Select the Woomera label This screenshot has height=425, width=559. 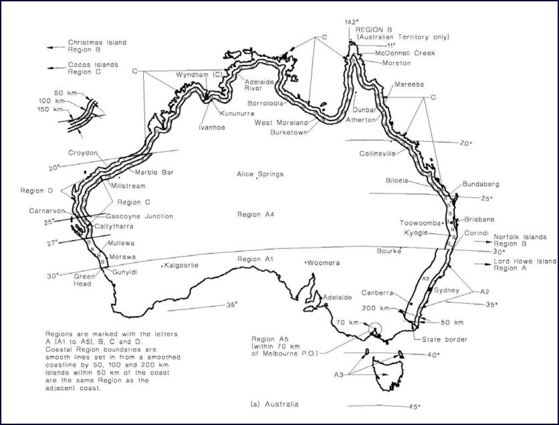[x=324, y=263]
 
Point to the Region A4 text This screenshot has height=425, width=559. [x=256, y=215]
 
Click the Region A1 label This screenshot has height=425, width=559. [x=256, y=259]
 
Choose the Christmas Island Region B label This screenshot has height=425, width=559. [x=96, y=46]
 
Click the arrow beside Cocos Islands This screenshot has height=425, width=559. [x=53, y=67]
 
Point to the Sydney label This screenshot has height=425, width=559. [x=447, y=292]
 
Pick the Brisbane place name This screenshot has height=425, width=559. [x=479, y=220]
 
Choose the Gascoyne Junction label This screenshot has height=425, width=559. [x=140, y=216]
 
